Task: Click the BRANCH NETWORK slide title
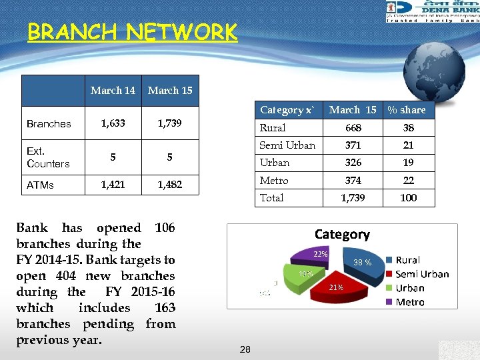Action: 132,32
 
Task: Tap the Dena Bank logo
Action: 432,11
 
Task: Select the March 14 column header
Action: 113,91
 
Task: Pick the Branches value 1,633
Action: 113,123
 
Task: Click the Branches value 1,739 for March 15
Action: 170,123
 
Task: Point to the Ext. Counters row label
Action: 48,158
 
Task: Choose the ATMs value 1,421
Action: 113,185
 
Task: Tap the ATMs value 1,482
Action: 170,185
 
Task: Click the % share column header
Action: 407,110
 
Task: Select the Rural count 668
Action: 353,128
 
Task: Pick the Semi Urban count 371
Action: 353,145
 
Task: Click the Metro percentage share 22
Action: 408,181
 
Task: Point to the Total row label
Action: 272,198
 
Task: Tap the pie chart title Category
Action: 342,234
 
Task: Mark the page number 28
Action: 245,349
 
